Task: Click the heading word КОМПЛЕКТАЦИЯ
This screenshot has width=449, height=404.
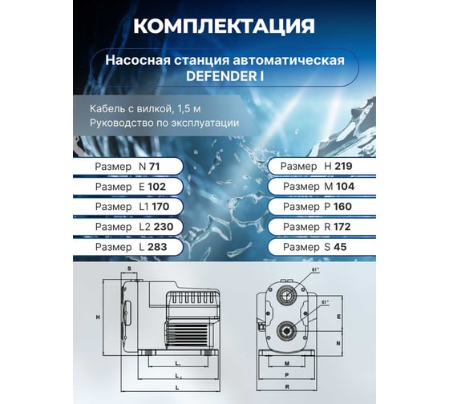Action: click(x=223, y=26)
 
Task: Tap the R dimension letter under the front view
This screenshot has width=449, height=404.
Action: click(x=286, y=386)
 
